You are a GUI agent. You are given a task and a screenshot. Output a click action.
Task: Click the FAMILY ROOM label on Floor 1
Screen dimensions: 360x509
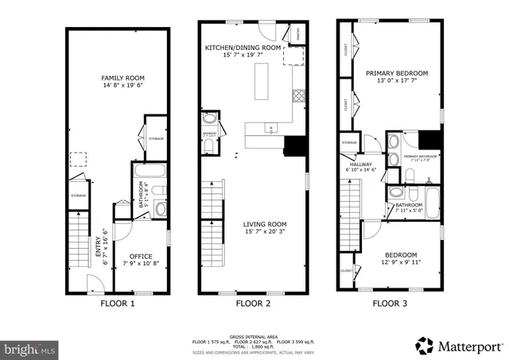(x=117, y=78)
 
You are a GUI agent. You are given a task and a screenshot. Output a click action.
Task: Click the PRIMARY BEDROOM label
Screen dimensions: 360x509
(x=396, y=73)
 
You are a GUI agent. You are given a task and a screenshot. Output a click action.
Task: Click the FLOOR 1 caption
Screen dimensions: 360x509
(x=117, y=304)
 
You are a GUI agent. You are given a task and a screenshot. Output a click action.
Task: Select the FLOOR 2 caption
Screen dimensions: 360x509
(x=254, y=304)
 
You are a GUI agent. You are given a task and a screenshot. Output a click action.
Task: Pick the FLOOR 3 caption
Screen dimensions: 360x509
(x=391, y=304)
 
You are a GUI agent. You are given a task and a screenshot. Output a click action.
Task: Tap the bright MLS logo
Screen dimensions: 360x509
(x=30, y=349)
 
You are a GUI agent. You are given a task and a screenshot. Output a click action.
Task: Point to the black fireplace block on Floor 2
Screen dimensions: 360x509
(x=295, y=146)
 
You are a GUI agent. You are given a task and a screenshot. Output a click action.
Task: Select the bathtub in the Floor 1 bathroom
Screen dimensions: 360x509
(x=150, y=170)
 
